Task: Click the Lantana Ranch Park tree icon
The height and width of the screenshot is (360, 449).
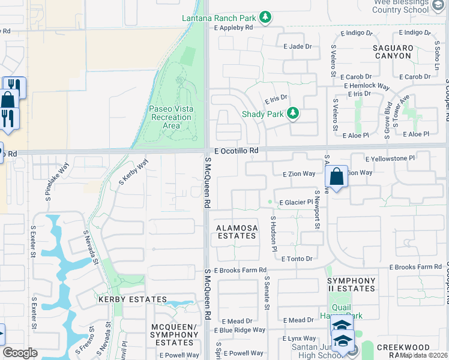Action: [x=264, y=18]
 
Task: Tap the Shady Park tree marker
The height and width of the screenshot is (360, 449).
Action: [x=293, y=113]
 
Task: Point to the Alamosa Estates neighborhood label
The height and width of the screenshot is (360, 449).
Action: [x=237, y=232]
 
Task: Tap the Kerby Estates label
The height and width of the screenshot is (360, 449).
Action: [x=132, y=299]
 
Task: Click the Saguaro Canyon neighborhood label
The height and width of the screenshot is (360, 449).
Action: [x=393, y=52]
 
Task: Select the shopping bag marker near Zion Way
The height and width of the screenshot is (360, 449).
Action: [x=337, y=178]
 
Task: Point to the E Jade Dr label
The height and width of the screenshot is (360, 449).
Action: [x=298, y=46]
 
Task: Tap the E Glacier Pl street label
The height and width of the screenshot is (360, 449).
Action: [x=297, y=203]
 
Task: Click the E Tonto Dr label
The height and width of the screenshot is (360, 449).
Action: [x=297, y=259]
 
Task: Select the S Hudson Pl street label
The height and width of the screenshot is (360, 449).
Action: [x=273, y=234]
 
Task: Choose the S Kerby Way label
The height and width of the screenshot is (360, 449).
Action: [x=133, y=172]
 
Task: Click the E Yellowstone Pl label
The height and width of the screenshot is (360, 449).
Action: [x=390, y=158]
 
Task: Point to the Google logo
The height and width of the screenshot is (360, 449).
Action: [x=20, y=353]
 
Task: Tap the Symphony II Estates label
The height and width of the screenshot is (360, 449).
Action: [x=351, y=285]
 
